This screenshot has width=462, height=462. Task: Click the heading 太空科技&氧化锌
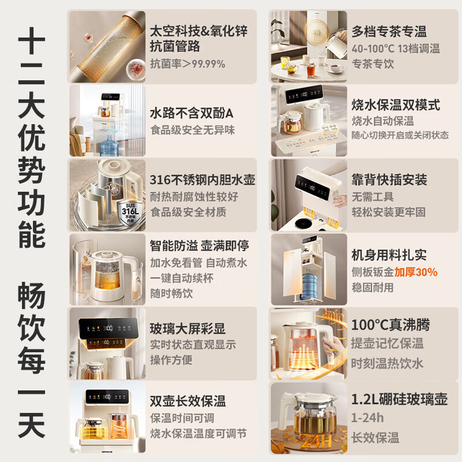click(x=198, y=31)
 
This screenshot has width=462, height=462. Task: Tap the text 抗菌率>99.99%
click(x=187, y=64)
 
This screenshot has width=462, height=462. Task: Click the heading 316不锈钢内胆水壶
click(x=202, y=179)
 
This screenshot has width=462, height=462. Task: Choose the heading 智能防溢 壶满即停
click(x=199, y=246)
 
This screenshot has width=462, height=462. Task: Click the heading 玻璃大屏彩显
click(x=187, y=329)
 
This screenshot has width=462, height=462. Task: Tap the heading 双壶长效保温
click(x=187, y=401)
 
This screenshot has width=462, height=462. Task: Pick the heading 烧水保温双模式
click(x=396, y=105)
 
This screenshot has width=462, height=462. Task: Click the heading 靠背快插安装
click(x=389, y=180)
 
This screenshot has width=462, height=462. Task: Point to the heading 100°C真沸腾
click(x=390, y=325)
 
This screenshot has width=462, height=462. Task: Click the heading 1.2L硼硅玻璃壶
click(x=399, y=399)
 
